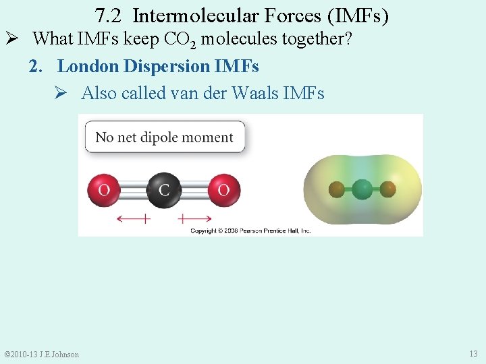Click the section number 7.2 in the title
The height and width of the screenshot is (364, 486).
pyautogui.click(x=107, y=16)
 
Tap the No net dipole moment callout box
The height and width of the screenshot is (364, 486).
pyautogui.click(x=165, y=137)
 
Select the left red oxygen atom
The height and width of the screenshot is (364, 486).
pyautogui.click(x=104, y=190)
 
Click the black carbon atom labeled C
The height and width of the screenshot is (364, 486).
pyautogui.click(x=163, y=190)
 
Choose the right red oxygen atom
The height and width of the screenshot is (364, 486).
pyautogui.click(x=223, y=190)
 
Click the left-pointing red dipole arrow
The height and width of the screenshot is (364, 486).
pyautogui.click(x=133, y=218)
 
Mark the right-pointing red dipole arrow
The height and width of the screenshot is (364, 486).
pyautogui.click(x=195, y=218)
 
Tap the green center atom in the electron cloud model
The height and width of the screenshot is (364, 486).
pyautogui.click(x=362, y=188)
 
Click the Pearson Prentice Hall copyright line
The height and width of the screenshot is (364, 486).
pyautogui.click(x=250, y=231)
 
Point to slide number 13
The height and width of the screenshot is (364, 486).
pyautogui.click(x=473, y=354)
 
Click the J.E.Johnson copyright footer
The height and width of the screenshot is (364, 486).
pyautogui.click(x=42, y=355)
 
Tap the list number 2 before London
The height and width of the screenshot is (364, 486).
pyautogui.click(x=33, y=66)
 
